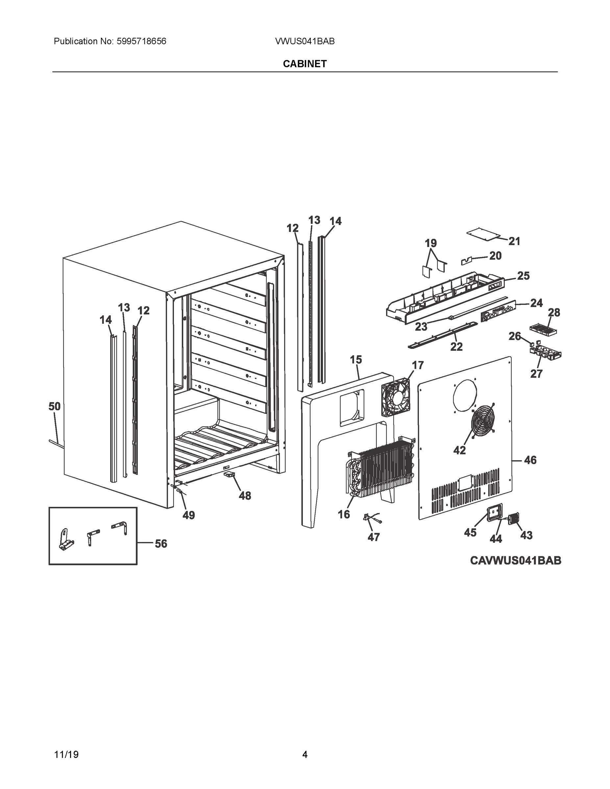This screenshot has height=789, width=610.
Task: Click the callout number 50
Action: click(55, 406)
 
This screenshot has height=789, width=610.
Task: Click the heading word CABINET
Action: click(305, 64)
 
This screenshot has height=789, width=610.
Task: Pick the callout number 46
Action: click(530, 460)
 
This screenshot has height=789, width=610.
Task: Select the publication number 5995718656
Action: click(141, 41)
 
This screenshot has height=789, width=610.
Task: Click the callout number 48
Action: click(245, 496)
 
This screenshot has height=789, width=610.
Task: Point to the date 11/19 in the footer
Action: click(66, 755)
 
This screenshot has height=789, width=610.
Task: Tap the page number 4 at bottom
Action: click(305, 755)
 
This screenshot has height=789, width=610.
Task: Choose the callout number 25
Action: click(523, 276)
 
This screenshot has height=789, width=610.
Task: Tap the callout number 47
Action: click(374, 537)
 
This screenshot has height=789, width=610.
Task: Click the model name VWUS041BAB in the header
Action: click(305, 41)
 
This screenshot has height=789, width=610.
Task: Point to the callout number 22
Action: click(456, 347)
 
